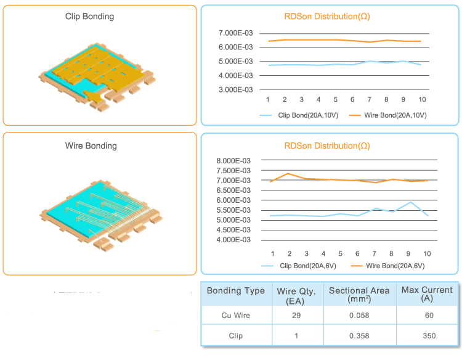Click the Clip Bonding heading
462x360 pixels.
click(89, 17)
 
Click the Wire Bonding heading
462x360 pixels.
click(91, 146)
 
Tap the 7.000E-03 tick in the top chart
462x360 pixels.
click(235, 33)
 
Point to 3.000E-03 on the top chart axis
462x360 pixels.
click(235, 90)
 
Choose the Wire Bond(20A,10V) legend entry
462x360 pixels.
click(387, 115)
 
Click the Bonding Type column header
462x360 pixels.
click(235, 291)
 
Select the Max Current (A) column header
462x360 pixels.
click(427, 293)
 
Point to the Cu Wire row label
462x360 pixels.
click(235, 315)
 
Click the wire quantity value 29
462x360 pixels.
click(296, 315)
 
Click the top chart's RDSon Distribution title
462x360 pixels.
click(327, 16)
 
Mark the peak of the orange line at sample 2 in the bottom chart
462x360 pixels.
click(289, 173)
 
